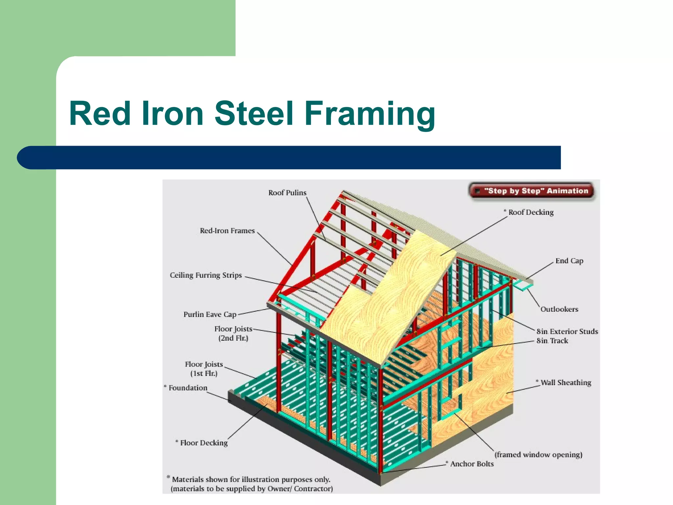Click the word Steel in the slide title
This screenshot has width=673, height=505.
[253, 113]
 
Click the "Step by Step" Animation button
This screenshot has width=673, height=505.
[532, 191]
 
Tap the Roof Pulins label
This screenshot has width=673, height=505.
[287, 193]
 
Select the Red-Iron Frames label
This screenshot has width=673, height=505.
[227, 231]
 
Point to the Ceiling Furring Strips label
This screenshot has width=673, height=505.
[206, 275]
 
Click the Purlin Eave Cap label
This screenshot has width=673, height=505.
[210, 314]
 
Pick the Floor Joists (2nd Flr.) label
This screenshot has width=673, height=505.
[233, 333]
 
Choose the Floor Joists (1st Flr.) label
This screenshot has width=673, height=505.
[204, 369]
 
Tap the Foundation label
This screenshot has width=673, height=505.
[188, 388]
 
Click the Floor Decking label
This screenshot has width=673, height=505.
[203, 443]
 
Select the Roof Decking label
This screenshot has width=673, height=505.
[530, 212]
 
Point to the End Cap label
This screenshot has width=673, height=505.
[569, 261]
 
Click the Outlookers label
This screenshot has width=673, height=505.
[559, 309]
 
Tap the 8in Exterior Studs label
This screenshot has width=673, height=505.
[567, 331]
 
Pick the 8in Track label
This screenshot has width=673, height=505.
[552, 341]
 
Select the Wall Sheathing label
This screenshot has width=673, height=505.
[566, 383]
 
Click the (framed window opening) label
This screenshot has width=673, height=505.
[538, 455]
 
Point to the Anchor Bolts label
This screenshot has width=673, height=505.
[472, 464]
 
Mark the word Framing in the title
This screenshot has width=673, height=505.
[370, 113]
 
